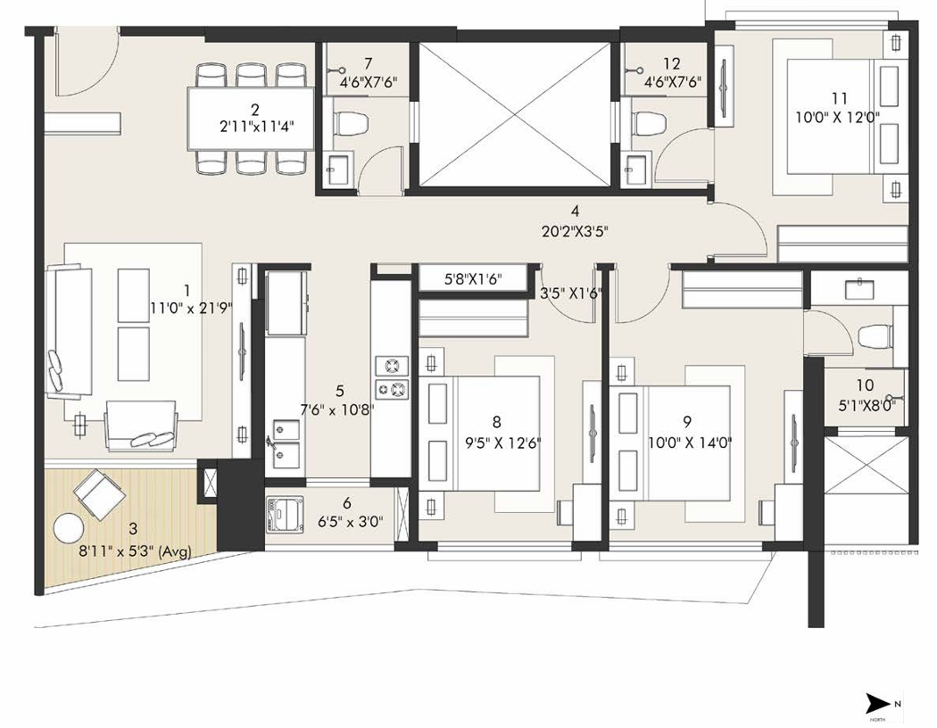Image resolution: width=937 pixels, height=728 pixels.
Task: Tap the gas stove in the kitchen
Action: pos(392,376)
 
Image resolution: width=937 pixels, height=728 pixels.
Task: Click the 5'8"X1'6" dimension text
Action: pos(473,279)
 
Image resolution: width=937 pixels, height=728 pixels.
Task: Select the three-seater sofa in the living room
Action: pos(70,330)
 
